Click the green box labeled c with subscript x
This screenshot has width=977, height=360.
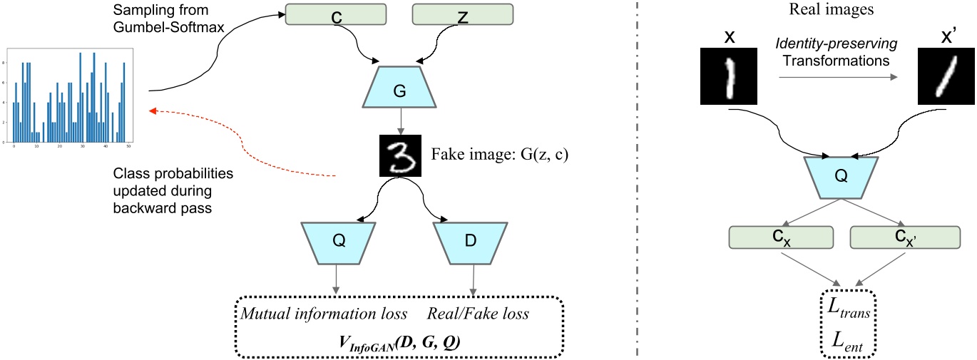click(x=781, y=237)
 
